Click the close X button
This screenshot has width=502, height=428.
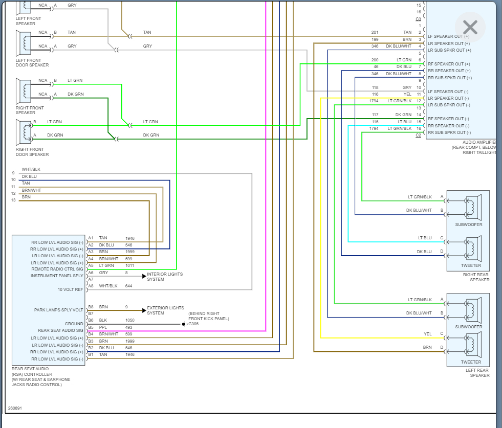click(x=470, y=27)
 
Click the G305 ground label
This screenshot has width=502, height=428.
click(x=194, y=324)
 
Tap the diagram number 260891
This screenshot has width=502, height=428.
click(x=15, y=408)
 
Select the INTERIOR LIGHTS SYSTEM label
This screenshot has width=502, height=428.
click(x=165, y=277)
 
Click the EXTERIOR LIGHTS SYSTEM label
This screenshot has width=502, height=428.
click(x=165, y=310)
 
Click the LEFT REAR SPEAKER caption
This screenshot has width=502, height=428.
click(x=477, y=373)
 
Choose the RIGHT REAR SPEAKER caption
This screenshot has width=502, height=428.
click(x=476, y=277)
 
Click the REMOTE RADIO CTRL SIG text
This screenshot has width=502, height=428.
click(x=57, y=269)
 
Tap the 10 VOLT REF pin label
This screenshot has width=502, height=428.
click(x=71, y=289)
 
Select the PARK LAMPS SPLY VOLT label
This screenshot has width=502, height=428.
click(x=58, y=310)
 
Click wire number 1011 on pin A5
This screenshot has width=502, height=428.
click(x=130, y=265)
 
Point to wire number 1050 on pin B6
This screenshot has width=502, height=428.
click(x=130, y=320)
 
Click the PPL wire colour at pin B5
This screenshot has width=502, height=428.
click(x=103, y=327)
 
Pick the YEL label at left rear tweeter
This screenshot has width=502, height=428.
click(x=427, y=334)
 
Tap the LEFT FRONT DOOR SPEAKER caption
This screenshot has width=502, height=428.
click(x=32, y=62)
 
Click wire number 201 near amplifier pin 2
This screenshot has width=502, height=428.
click(x=375, y=32)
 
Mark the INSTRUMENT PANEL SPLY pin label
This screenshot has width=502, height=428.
click(x=56, y=276)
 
